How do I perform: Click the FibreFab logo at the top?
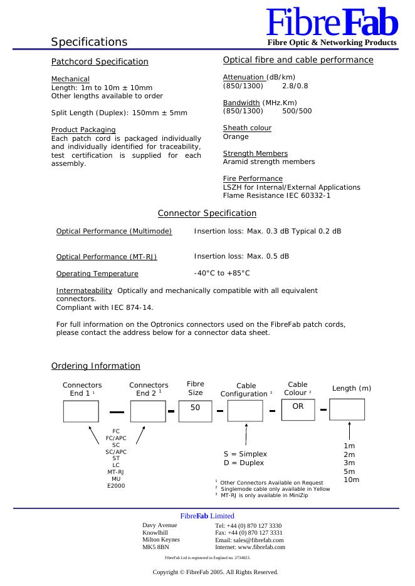coord(332,24)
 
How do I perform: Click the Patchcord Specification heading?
coord(100,62)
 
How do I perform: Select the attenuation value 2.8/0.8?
coord(295,86)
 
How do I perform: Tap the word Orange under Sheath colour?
coord(236,136)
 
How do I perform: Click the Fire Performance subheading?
coord(253,178)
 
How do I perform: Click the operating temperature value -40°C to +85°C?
coord(222,273)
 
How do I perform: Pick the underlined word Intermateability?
coord(84,290)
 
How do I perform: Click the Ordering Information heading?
coord(95,366)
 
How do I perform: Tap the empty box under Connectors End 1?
coord(81,411)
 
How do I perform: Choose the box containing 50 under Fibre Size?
coord(196,411)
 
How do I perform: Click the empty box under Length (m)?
coord(347,409)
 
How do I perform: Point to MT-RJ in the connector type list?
coord(116,472)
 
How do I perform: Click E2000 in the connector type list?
coord(116,486)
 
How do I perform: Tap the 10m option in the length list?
coord(352,480)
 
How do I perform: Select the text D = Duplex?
coord(244,463)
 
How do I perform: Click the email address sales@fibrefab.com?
coord(250,540)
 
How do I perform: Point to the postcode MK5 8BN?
coord(155,547)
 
